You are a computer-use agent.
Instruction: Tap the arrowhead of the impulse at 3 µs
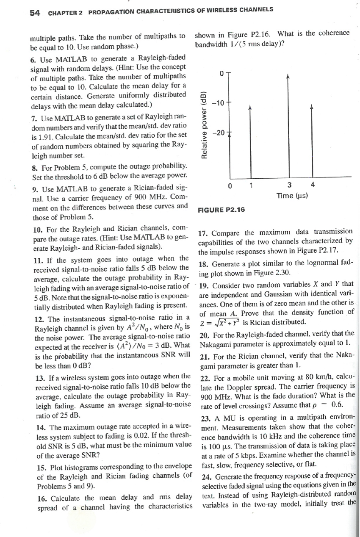click(288, 77)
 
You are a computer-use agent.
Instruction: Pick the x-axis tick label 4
click(313, 185)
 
